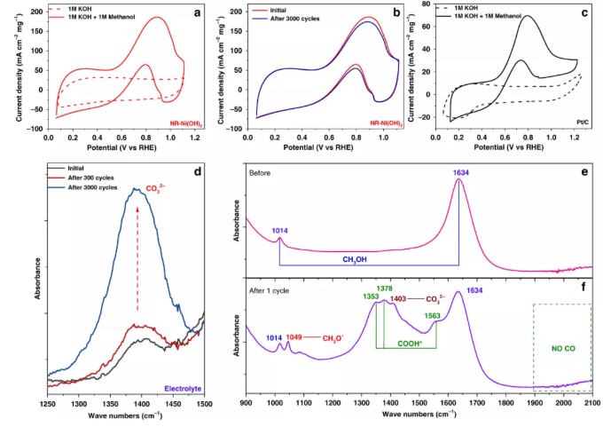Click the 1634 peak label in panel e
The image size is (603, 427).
pos(458,174)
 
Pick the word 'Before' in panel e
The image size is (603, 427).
pos(262,174)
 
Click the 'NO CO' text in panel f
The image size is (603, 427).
pos(562,349)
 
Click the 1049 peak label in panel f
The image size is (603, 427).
pos(297,337)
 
